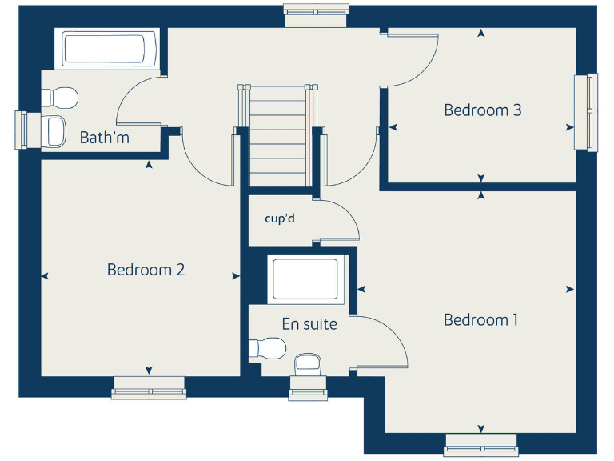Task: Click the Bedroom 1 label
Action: [x=480, y=320]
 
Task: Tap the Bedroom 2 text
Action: [x=146, y=270]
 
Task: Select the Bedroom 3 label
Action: [x=482, y=110]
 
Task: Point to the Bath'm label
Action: [x=104, y=138]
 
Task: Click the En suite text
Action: [x=309, y=324]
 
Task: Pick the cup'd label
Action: [x=280, y=217]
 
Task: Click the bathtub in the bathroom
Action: [x=106, y=50]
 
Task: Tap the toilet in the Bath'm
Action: [x=59, y=98]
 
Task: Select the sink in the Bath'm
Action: [x=55, y=130]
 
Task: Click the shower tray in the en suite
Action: [x=305, y=279]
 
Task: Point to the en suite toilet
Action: [x=268, y=349]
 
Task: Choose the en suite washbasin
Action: [x=308, y=363]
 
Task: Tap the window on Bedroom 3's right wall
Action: [x=587, y=111]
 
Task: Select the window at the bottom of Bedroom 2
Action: [x=149, y=391]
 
